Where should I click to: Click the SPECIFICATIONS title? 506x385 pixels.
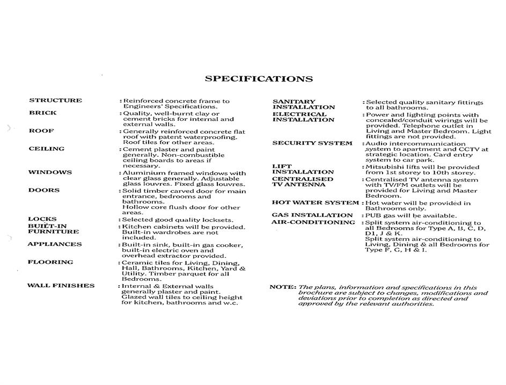(x=259, y=79)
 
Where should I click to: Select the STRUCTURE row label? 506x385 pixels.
(x=55, y=100)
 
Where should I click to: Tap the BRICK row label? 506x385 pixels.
(x=42, y=113)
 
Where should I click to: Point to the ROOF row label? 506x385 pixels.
(x=41, y=131)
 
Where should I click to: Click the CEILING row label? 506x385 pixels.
(x=46, y=149)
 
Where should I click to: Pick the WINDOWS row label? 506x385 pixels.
(x=50, y=172)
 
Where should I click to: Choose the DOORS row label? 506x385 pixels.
(x=44, y=190)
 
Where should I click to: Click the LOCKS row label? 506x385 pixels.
(x=42, y=219)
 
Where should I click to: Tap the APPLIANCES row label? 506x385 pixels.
(x=55, y=244)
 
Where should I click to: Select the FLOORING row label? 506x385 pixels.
(x=50, y=262)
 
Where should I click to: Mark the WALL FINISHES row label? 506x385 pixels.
(x=61, y=286)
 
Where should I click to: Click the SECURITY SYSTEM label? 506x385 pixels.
(x=312, y=143)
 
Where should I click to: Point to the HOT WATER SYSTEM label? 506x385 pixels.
(x=315, y=202)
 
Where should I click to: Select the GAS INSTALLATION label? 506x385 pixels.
(x=312, y=215)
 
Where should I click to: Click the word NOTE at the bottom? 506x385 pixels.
(x=282, y=287)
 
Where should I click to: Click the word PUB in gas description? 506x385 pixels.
(x=374, y=215)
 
